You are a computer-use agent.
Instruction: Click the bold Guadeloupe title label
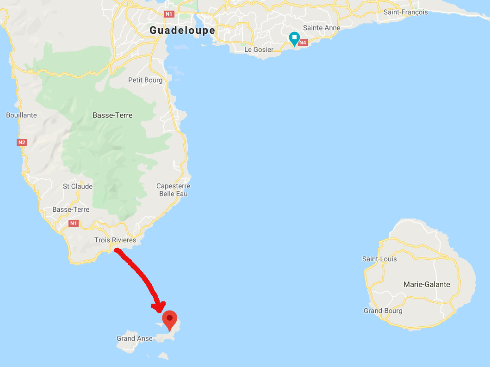[182, 31]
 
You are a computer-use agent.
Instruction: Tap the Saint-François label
[405, 12]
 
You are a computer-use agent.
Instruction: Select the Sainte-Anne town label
[322, 28]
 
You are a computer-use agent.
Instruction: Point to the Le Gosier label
[259, 49]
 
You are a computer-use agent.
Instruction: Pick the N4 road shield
[303, 43]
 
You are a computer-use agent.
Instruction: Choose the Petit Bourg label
[145, 80]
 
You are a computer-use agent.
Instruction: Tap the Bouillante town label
[21, 115]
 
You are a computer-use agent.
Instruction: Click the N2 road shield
[21, 142]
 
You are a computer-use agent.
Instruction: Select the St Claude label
[78, 186]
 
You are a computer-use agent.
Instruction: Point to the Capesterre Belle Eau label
[173, 190]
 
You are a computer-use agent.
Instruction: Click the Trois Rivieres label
[115, 240]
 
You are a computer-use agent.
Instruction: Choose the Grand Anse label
[134, 338]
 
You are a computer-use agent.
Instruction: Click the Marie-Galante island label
[427, 284]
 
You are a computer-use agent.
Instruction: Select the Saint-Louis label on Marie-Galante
[379, 259]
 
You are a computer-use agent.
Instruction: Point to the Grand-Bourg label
[383, 311]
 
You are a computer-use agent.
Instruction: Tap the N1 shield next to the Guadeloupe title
[169, 14]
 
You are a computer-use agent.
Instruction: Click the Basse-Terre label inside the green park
[112, 115]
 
